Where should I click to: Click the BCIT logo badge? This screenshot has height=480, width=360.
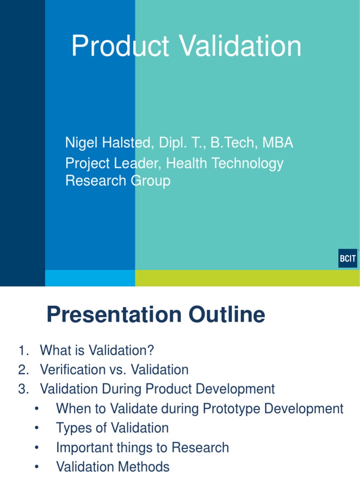[347, 258]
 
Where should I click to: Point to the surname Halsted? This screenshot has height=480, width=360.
[126, 142]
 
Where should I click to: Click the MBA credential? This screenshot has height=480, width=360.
[277, 142]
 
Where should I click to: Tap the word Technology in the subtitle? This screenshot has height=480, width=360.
[247, 164]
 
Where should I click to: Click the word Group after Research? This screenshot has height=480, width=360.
[150, 181]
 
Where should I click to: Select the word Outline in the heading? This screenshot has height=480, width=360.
[226, 315]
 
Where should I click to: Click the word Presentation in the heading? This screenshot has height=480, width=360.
[114, 315]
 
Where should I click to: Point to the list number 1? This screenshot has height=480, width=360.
[23, 350]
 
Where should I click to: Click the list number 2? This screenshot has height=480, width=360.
[23, 369]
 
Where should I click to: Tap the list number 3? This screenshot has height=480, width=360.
[23, 389]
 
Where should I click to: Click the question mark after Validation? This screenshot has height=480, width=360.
[150, 350]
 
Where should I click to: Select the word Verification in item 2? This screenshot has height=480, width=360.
[73, 369]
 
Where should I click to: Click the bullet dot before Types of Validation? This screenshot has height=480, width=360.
[37, 428]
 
